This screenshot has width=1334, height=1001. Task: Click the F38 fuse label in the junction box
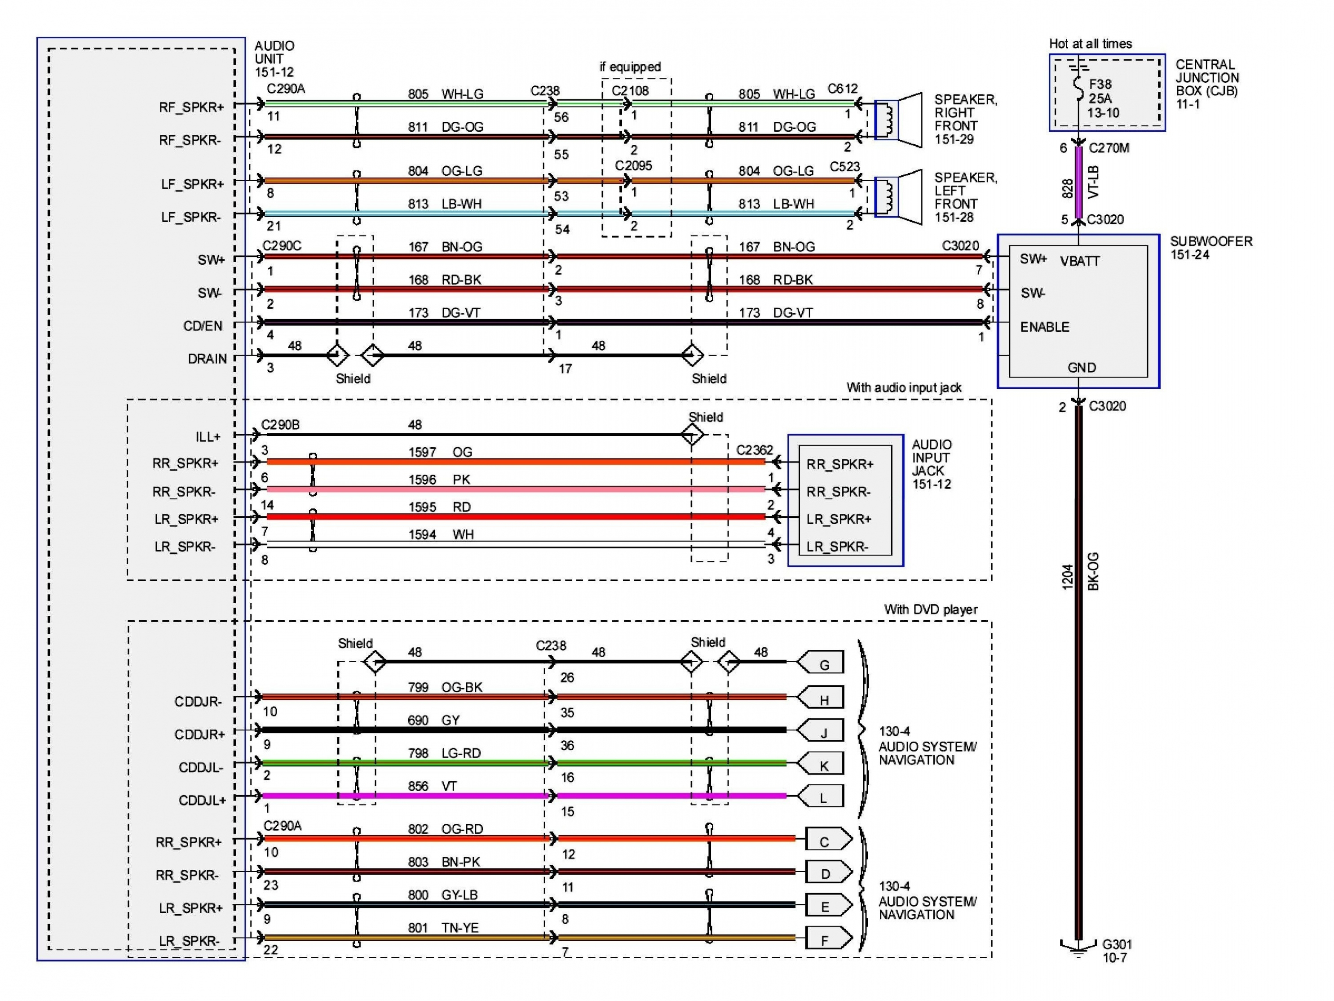pyautogui.click(x=1100, y=85)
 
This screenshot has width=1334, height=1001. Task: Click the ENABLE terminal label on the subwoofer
pyautogui.click(x=1045, y=327)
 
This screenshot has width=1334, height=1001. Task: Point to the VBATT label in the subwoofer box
pyautogui.click(x=1079, y=261)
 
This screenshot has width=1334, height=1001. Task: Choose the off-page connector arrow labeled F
pyautogui.click(x=827, y=940)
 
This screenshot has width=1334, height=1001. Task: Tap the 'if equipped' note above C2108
pyautogui.click(x=630, y=67)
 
